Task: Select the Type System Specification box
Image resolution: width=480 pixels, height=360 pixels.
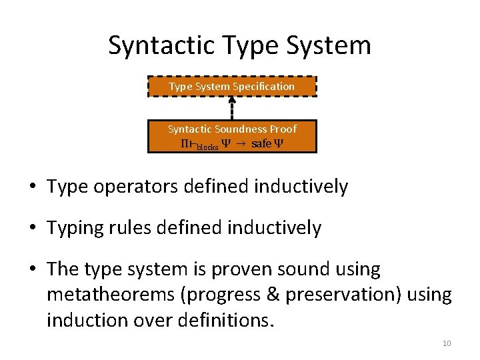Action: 232,87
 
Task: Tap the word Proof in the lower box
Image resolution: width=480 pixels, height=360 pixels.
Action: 283,129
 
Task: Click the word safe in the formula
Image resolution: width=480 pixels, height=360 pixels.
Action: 261,145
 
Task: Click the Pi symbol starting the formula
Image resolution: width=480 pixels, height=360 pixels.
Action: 185,145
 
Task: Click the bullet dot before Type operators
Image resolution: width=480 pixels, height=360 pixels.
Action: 33,187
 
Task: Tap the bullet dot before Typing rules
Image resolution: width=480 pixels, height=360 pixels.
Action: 33,229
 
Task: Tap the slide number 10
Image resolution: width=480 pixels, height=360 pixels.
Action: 447,343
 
